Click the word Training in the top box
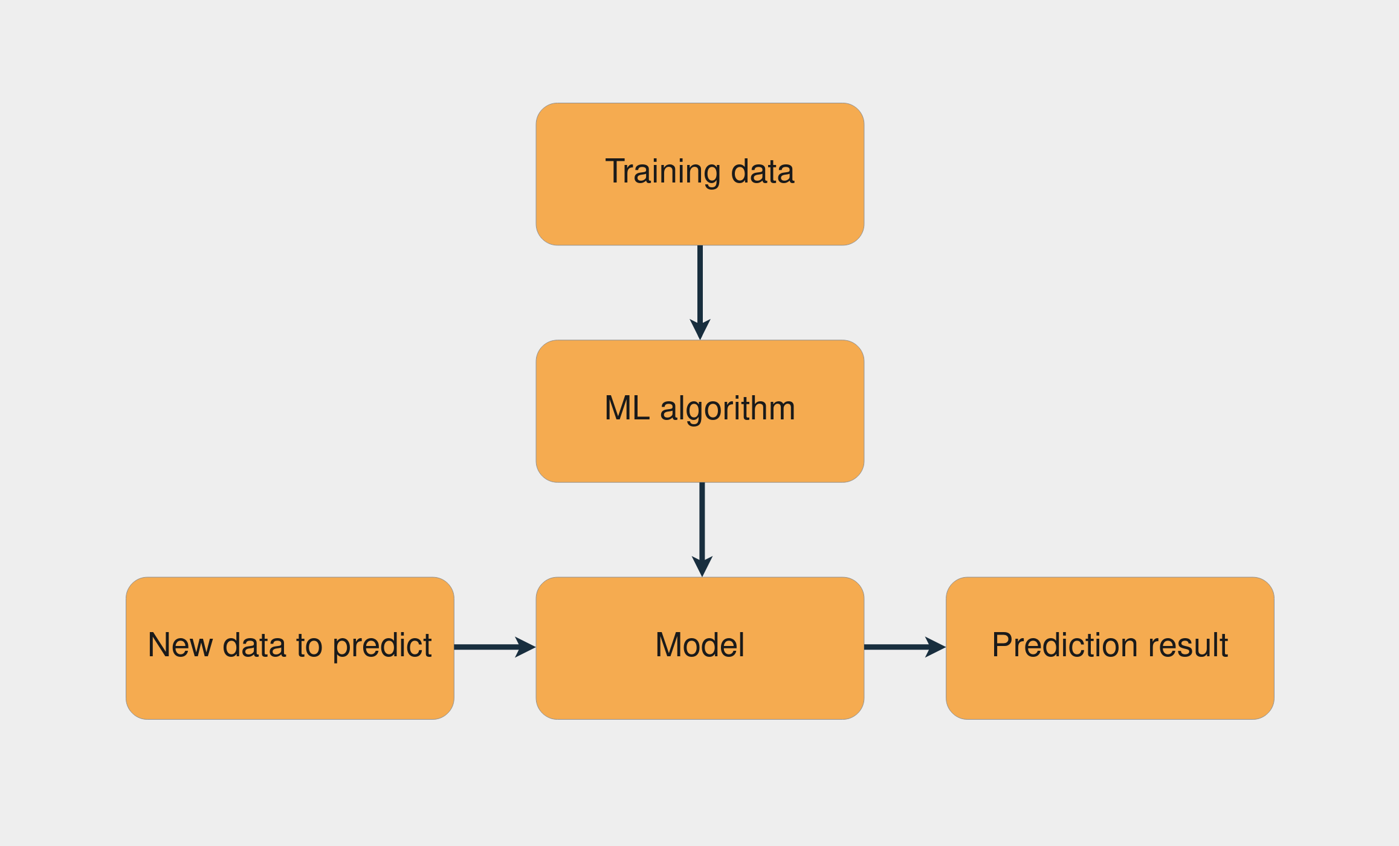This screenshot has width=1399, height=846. (662, 172)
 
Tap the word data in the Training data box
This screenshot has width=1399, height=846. (762, 172)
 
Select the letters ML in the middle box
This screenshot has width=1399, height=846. (627, 408)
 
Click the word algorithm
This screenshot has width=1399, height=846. (728, 409)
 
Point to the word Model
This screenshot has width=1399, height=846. (700, 645)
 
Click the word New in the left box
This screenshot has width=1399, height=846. (180, 645)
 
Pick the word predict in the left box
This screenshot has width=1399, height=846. (382, 646)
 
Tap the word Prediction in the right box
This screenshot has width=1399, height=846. (1065, 645)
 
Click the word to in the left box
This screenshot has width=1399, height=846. (309, 645)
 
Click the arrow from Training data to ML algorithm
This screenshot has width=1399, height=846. (700, 284)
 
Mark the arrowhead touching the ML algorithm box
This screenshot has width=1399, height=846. (700, 329)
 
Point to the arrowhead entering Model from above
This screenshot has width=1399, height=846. (702, 566)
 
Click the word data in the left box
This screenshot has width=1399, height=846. (254, 645)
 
